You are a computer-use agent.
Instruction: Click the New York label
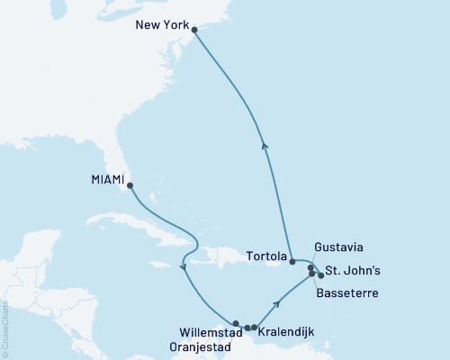click(161, 26)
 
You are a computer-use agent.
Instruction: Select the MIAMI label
click(107, 180)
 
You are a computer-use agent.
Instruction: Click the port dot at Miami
click(130, 186)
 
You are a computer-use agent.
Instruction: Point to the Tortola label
click(266, 256)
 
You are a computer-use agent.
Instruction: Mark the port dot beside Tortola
click(292, 262)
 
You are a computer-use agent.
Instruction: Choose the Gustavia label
click(339, 246)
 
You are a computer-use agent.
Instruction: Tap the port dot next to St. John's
click(321, 275)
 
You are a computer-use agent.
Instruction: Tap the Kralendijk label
click(286, 333)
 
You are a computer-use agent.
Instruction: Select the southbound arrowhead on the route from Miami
click(184, 267)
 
